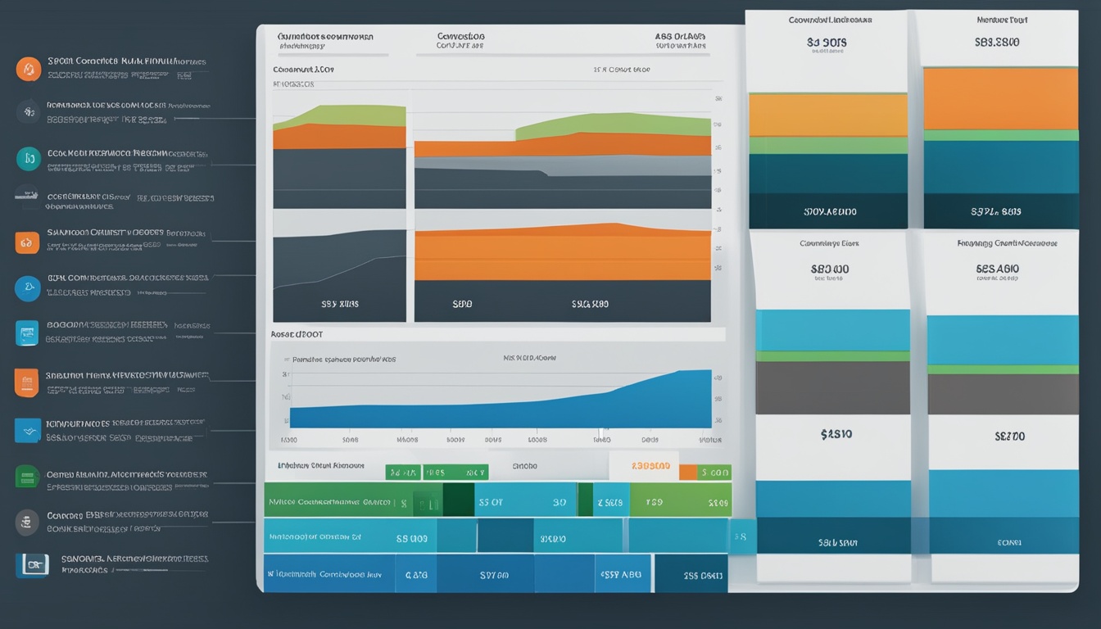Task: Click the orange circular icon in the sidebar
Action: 29,69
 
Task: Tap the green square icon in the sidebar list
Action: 27,476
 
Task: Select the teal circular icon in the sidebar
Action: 29,159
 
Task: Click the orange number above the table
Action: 650,466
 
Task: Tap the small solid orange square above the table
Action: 687,472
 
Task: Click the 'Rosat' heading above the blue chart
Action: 297,335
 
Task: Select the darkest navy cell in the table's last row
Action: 691,575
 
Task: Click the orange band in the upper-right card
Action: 1000,98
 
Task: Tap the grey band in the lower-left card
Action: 832,387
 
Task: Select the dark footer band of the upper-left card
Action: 828,211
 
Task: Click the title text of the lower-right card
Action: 1007,243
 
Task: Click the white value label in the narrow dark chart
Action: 339,304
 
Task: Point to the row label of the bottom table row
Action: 328,575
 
